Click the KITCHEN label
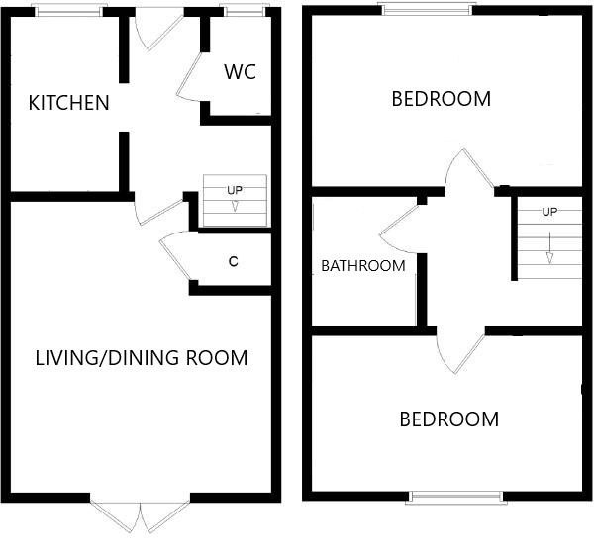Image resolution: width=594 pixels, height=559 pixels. coord(69,103)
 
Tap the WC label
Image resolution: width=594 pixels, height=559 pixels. coord(241,72)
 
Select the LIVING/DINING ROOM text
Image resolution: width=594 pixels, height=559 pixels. coord(142,358)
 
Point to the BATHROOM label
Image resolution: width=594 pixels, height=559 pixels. coord(363,266)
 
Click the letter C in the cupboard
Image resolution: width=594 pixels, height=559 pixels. coord(234,261)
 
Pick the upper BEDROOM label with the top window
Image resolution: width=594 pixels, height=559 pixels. coord(441,99)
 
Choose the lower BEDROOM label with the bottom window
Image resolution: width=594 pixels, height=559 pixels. coord(449,419)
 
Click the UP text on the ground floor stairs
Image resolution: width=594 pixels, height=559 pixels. coord(235,190)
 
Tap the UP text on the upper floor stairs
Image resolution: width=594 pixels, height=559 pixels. coord(549,212)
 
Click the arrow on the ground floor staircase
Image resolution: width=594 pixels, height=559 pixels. coord(235,206)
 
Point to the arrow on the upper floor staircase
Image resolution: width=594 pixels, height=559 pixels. coord(549,248)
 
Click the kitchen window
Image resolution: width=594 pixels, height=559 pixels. coord(69,11)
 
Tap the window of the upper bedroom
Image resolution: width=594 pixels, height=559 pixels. coord(428,10)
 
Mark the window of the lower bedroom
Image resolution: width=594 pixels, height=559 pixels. coord(456,498)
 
